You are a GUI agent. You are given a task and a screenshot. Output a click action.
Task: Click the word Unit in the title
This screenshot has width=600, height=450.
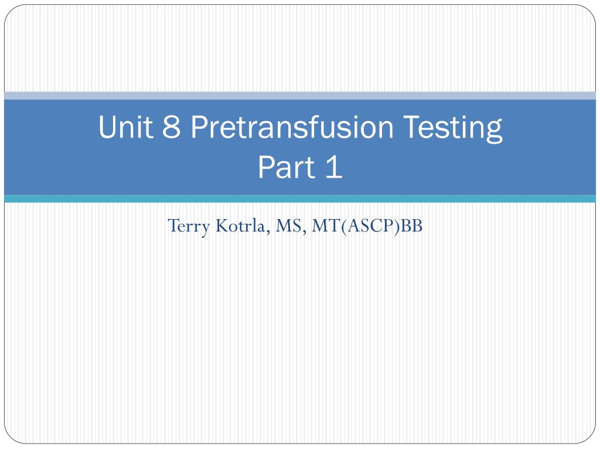click(125, 127)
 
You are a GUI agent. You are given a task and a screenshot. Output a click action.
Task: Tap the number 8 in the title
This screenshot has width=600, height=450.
click(171, 127)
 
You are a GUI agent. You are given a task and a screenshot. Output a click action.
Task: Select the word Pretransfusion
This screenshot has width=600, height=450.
click(292, 127)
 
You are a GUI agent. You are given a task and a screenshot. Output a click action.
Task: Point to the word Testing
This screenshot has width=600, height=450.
click(453, 128)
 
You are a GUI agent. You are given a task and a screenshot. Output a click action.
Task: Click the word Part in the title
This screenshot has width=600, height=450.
click(287, 167)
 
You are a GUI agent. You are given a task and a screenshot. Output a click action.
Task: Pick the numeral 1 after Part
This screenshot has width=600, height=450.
click(334, 167)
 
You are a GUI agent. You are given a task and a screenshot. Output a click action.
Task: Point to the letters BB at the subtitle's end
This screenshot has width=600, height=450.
click(411, 226)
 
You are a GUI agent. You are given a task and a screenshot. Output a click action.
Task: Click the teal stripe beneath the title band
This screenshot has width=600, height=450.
click(300, 199)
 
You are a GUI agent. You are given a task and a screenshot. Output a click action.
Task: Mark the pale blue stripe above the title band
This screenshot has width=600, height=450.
click(300, 96)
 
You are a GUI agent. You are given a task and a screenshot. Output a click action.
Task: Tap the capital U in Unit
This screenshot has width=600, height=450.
click(107, 127)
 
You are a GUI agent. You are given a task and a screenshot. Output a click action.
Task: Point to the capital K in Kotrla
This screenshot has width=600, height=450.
click(223, 226)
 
